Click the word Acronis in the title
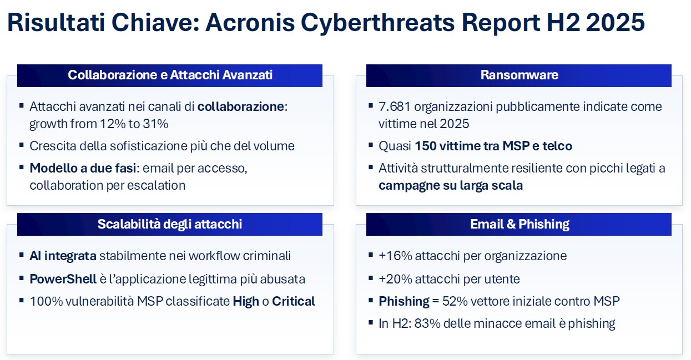pos(250,22)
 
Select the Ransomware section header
pos(519,75)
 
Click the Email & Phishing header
pos(519,224)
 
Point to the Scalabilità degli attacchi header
pos(170,224)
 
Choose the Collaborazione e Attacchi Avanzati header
pos(170,75)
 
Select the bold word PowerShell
pos(63,279)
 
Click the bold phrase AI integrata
pos(63,256)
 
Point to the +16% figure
pos(395,256)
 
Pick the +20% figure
pos(395,279)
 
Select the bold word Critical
pos(294,301)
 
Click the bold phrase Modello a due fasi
pos(83,168)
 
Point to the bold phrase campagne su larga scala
pos(451,186)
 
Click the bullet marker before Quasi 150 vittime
pos(371,145)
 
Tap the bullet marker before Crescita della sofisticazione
pos(21,145)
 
